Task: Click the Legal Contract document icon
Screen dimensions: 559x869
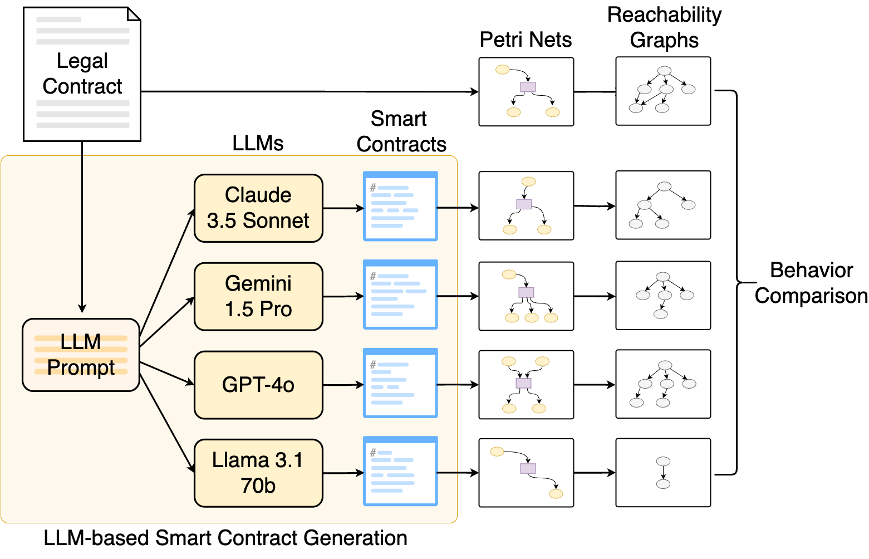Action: pos(82,74)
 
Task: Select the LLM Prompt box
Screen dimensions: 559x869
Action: pos(81,355)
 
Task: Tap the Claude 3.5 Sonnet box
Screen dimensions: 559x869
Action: pos(258,208)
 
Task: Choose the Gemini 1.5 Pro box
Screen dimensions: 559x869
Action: pos(258,296)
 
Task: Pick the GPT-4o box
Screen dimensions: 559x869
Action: pos(258,385)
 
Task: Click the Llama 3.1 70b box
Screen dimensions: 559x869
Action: pos(258,473)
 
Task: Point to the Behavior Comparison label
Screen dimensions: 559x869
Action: pos(811,283)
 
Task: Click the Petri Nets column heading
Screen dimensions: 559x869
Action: pos(526,40)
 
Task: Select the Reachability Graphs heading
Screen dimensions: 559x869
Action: pos(664,28)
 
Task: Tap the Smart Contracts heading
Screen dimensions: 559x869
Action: pos(401,131)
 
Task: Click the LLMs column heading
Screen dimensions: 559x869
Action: pos(258,144)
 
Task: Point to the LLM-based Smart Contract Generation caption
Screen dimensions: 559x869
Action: pos(225,538)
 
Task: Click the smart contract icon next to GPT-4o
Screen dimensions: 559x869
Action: pos(400,383)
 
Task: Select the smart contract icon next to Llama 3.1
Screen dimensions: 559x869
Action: pos(400,471)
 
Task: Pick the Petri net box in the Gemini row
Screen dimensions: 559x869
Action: pos(526,296)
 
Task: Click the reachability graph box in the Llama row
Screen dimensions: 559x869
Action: pos(663,473)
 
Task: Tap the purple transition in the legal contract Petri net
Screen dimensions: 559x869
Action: pos(528,87)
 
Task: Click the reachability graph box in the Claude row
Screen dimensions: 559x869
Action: pos(663,205)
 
